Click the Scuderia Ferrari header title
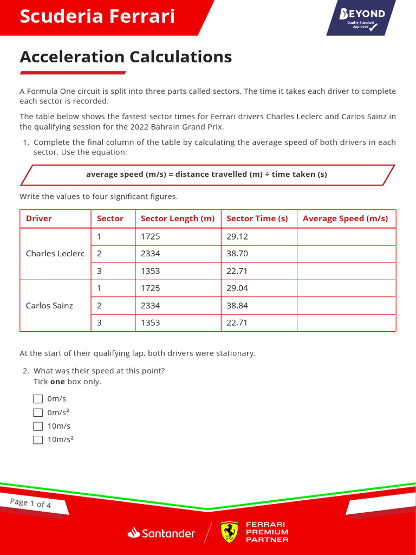(x=97, y=17)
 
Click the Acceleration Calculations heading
(x=126, y=56)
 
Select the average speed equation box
(x=206, y=175)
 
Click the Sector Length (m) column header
(x=178, y=218)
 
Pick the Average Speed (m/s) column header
(x=346, y=218)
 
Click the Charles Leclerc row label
(x=55, y=253)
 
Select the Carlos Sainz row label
(x=49, y=305)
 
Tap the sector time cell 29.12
(x=237, y=236)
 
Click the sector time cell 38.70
(x=237, y=253)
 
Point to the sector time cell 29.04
(x=237, y=288)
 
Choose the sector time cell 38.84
(x=237, y=305)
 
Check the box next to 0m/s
(x=38, y=399)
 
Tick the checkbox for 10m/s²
(x=38, y=440)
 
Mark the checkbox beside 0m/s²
(x=38, y=412)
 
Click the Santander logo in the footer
(x=161, y=533)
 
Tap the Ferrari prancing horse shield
(x=229, y=532)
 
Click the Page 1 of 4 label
(x=31, y=503)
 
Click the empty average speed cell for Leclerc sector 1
(x=346, y=236)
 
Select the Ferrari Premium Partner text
(x=266, y=532)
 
